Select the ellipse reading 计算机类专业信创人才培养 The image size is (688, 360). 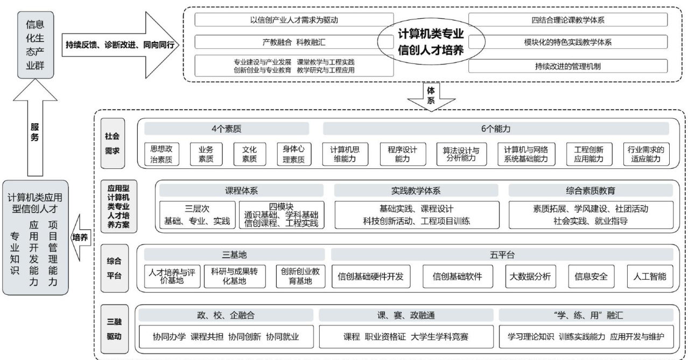[430, 41]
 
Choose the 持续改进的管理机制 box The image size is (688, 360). [567, 66]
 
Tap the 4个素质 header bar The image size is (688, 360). [226, 129]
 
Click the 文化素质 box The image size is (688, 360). [249, 153]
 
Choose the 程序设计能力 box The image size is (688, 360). [398, 153]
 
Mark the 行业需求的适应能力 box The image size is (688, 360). [646, 153]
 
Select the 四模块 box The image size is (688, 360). [282, 214]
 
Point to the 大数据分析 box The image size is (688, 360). [530, 277]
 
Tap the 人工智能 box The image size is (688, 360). [650, 277]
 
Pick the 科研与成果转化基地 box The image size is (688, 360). [235, 276]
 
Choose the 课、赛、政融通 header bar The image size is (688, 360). [406, 315]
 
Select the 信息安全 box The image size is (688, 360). [591, 277]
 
